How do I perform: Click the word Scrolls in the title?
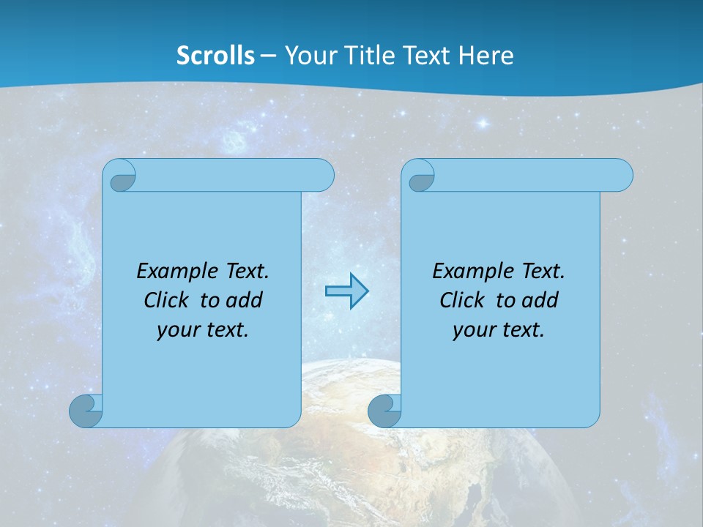tap(216, 55)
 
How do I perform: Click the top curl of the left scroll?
tap(122, 176)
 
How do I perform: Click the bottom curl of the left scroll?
tap(86, 411)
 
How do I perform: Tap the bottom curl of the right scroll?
tap(384, 411)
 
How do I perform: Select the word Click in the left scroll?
tap(166, 300)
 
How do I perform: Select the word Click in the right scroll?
tap(461, 300)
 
